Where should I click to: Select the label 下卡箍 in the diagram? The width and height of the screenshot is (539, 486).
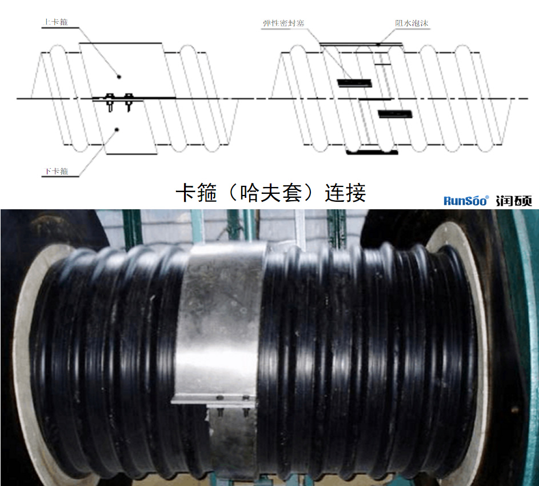pyautogui.click(x=56, y=171)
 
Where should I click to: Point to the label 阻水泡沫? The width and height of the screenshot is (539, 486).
pyautogui.click(x=412, y=23)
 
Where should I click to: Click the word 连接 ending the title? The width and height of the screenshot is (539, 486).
pyautogui.click(x=345, y=193)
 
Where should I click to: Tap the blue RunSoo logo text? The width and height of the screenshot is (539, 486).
pyautogui.click(x=466, y=200)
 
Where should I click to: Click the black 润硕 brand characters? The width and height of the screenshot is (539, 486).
pyautogui.click(x=514, y=200)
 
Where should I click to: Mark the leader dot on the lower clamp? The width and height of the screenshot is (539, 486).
pyautogui.click(x=116, y=130)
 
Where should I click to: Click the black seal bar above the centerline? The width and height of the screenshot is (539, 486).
pyautogui.click(x=354, y=83)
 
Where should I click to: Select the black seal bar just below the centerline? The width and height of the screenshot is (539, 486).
pyautogui.click(x=394, y=114)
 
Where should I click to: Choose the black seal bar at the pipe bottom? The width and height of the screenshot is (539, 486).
pyautogui.click(x=372, y=152)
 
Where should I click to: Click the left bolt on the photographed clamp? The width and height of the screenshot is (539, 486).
pyautogui.click(x=221, y=409)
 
